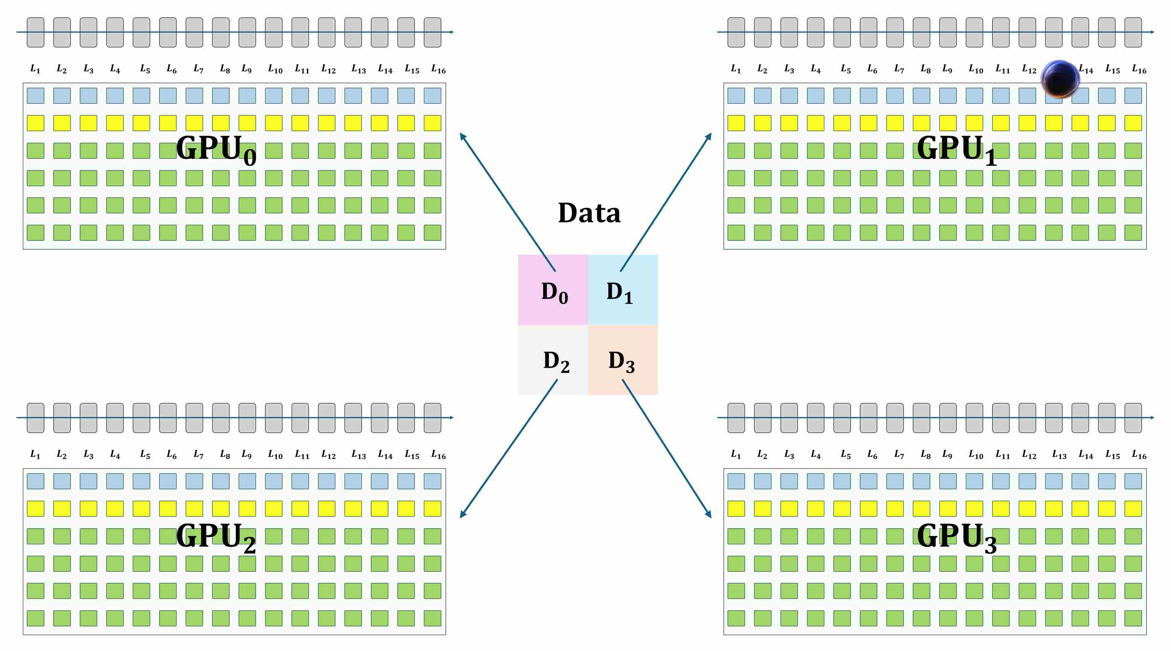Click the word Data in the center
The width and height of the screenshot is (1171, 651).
(x=589, y=213)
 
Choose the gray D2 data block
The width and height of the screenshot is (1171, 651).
(x=553, y=360)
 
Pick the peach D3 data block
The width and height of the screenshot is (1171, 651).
(x=623, y=360)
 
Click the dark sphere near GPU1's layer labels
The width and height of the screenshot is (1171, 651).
(x=1060, y=79)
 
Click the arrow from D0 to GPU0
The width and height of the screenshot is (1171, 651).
(x=507, y=201)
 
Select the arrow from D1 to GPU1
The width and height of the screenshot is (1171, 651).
(x=666, y=201)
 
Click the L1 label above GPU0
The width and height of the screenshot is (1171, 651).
(x=35, y=69)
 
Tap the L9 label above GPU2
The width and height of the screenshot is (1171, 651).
(x=246, y=455)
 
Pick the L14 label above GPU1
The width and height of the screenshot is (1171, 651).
(x=1086, y=69)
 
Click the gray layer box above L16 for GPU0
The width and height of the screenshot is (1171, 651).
(x=432, y=32)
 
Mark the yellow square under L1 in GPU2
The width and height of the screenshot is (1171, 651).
(x=35, y=509)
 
